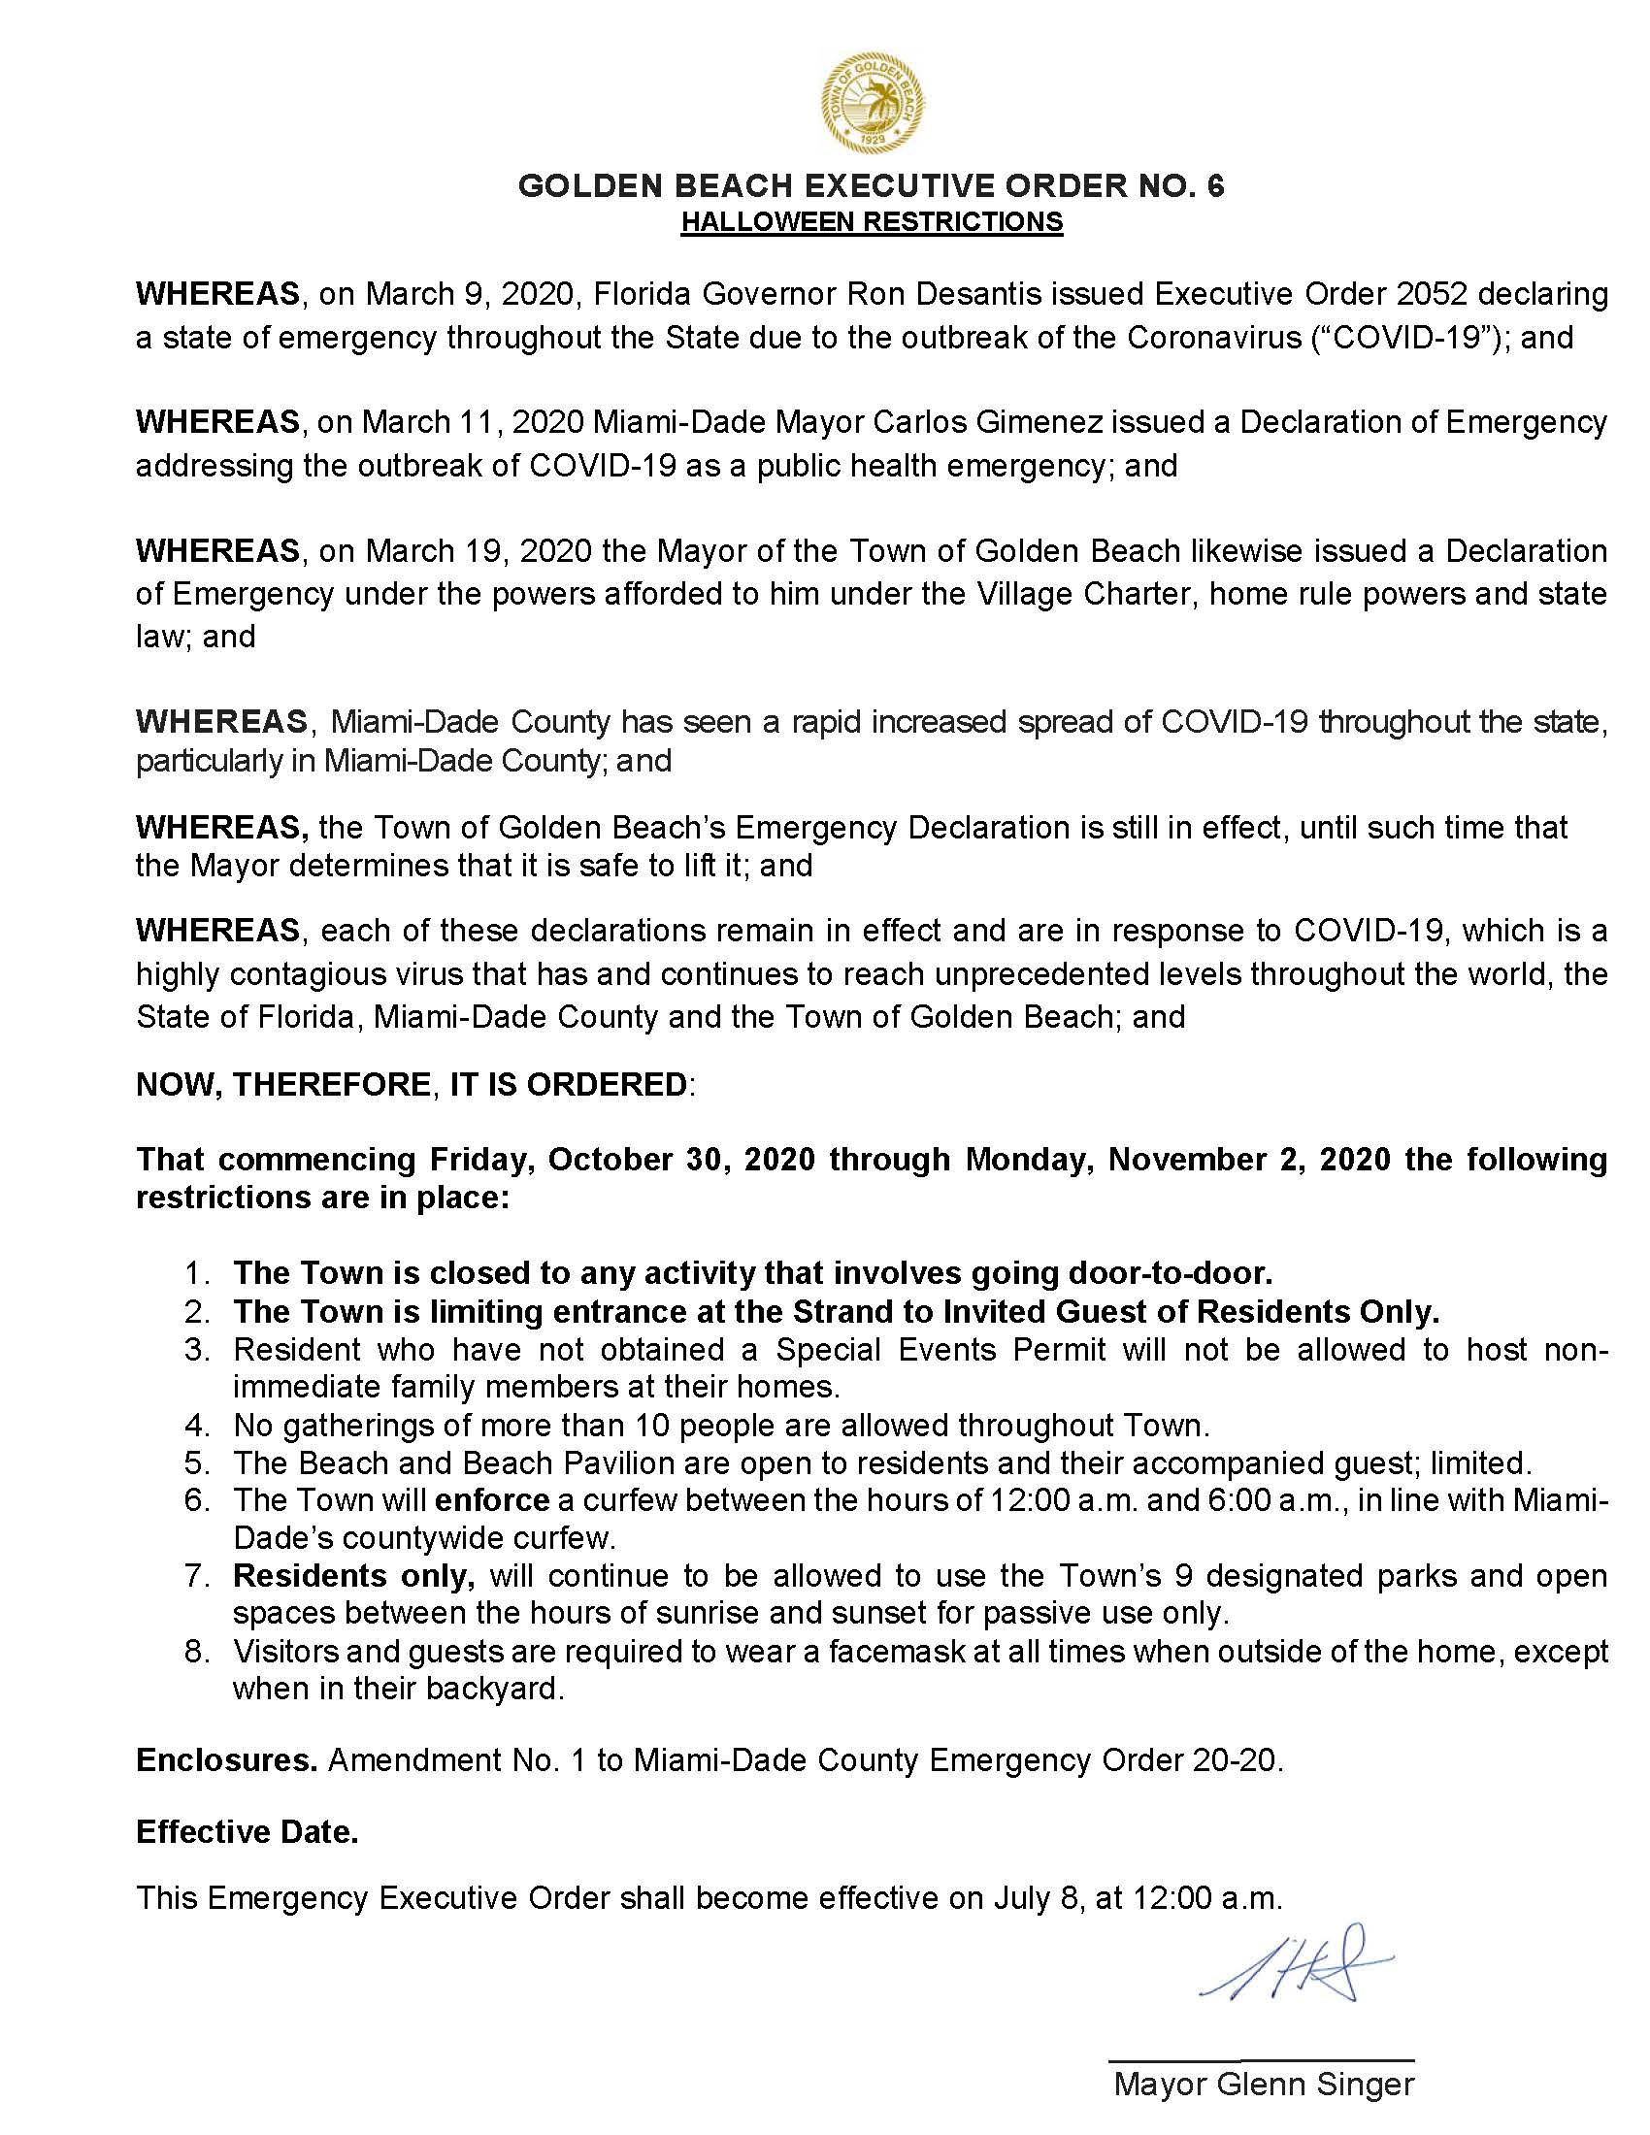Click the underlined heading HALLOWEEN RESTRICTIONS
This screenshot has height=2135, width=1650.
872,223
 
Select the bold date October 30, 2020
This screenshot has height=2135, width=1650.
681,1160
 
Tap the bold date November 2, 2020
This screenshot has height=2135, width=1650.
1249,1160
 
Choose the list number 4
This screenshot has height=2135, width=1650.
196,1426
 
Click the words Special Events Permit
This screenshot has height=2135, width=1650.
940,1350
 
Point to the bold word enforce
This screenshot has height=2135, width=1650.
492,1500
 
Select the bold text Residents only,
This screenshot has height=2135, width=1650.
354,1576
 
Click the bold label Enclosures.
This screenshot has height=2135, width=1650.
227,1759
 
